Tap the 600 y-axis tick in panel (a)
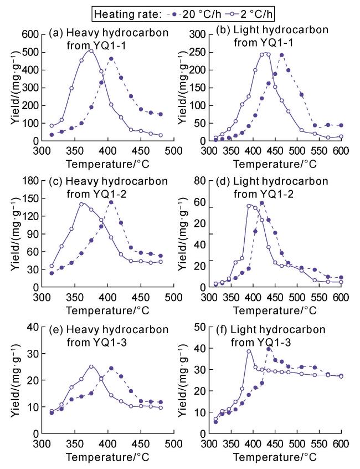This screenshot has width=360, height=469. point(29,34)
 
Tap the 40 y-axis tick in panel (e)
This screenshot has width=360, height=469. point(31,326)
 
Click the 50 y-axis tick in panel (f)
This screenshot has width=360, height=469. point(200,326)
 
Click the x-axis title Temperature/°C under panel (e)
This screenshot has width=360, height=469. point(107,458)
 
